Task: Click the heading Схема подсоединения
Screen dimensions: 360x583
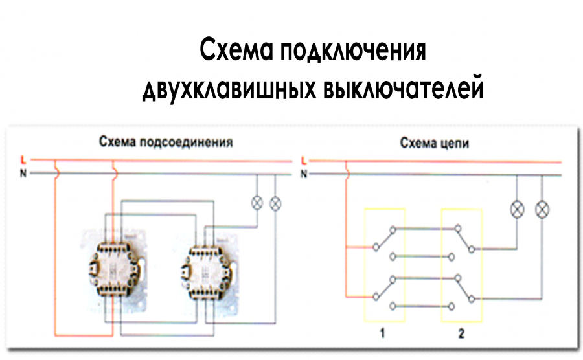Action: pyautogui.click(x=165, y=141)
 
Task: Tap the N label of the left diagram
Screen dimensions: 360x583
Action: pyautogui.click(x=23, y=173)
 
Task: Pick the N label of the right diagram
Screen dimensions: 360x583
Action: pyautogui.click(x=304, y=174)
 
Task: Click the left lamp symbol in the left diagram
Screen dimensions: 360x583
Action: pyautogui.click(x=257, y=203)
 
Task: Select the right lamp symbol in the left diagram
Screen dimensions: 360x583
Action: pyautogui.click(x=275, y=203)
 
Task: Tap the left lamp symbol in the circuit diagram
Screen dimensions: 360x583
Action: pyautogui.click(x=517, y=209)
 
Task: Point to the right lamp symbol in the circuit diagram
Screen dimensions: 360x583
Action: pyautogui.click(x=542, y=209)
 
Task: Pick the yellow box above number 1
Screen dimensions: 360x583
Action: pyautogui.click(x=384, y=265)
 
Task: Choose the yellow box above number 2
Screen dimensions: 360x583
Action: pyautogui.click(x=461, y=265)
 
